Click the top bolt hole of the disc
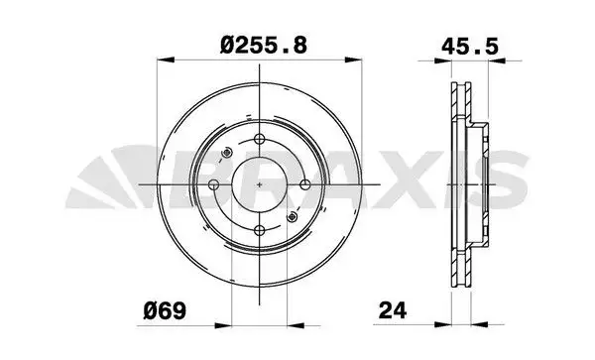(260, 141)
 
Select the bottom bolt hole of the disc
(260, 229)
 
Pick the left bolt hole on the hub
(214, 185)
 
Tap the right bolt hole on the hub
(304, 185)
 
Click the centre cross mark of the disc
(260, 185)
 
